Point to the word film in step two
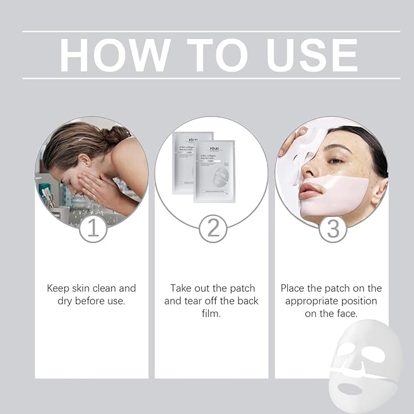click(211, 313)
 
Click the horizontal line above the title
click(211, 31)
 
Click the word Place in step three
click(294, 288)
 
